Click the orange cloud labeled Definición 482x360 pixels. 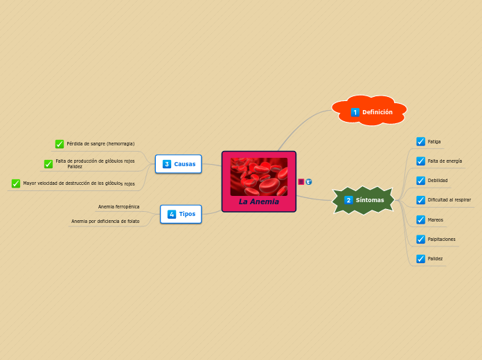[370, 111]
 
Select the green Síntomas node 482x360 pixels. [364, 200]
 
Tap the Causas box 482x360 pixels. [179, 164]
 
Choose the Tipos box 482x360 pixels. [181, 214]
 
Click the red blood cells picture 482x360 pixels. [259, 176]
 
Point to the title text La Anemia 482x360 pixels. [259, 202]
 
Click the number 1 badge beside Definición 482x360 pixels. [355, 112]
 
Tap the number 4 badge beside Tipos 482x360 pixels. [172, 215]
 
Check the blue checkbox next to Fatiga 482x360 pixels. [420, 141]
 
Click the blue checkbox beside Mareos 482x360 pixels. [420, 219]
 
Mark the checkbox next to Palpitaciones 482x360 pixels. [420, 239]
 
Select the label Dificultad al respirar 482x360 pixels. [449, 200]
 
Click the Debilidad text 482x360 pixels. [438, 181]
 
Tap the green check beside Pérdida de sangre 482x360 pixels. [60, 144]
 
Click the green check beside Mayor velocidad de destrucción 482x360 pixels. [16, 183]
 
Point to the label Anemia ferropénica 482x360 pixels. [118, 206]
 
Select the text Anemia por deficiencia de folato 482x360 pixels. [105, 222]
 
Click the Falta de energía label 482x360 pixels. [445, 161]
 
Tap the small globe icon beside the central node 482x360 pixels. [309, 181]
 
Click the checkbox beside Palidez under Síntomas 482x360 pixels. [420, 258]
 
